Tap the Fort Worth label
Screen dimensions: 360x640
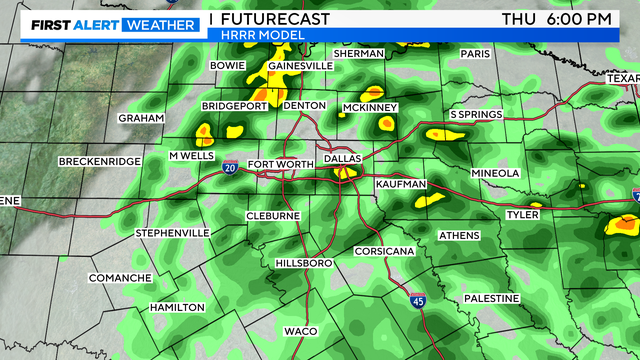tap(274, 164)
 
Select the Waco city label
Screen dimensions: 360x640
tap(300, 330)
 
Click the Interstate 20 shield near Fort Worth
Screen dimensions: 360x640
tap(231, 168)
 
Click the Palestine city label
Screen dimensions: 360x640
tap(491, 298)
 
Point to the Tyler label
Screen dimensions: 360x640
tap(522, 214)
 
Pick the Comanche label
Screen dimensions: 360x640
tap(120, 277)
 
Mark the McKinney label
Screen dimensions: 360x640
tap(370, 107)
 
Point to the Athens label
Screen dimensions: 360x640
tap(459, 235)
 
